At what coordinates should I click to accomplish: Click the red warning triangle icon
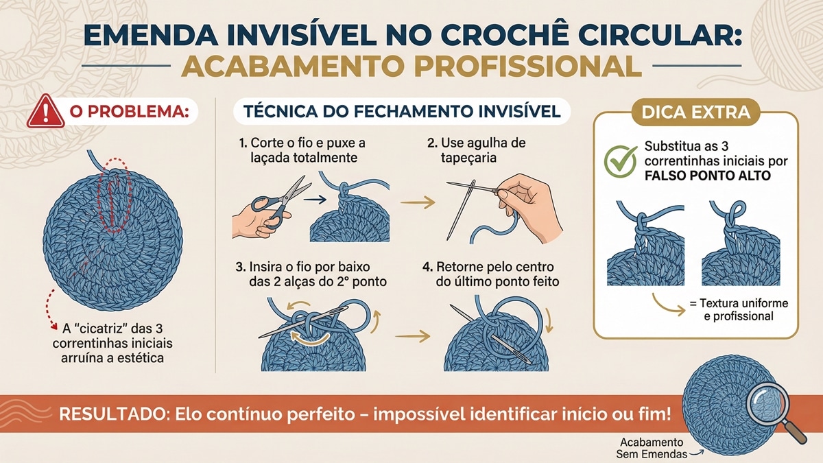[42, 112]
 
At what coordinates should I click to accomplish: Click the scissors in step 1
[278, 200]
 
